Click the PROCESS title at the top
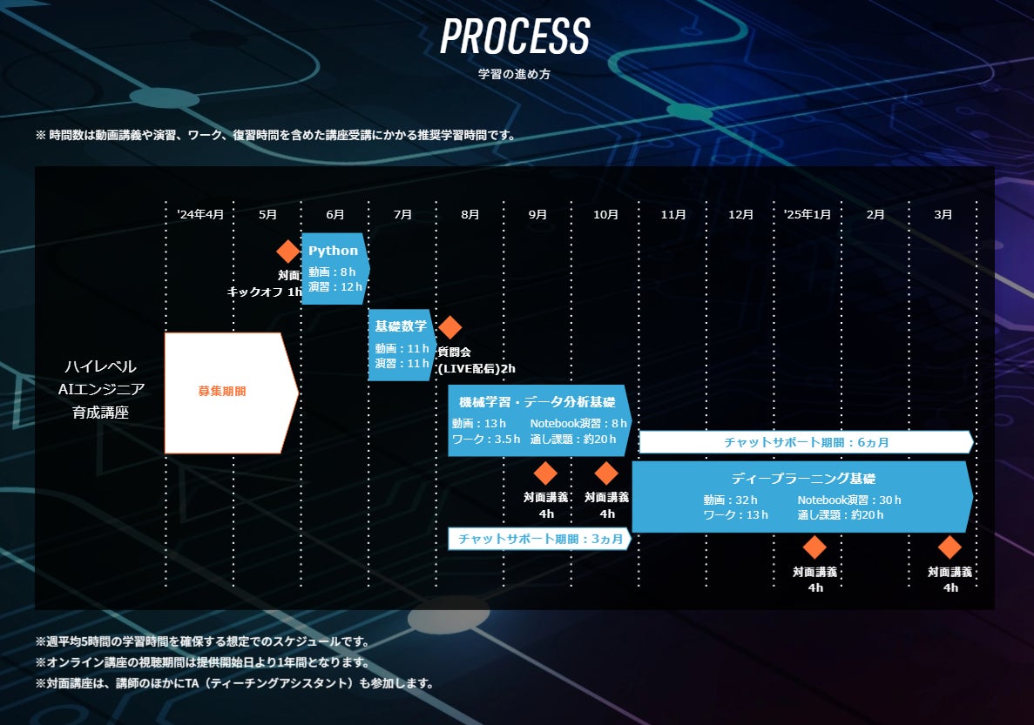coord(515,37)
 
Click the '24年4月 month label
coord(199,214)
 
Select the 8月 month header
coord(470,214)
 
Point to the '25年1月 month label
coord(807,214)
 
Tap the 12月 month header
coord(740,214)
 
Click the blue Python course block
coord(334,268)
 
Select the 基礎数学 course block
coord(401,345)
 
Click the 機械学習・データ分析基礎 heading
coord(537,402)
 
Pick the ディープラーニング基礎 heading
coord(802,479)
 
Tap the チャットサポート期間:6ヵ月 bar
coord(806,442)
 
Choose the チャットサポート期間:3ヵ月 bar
coord(539,539)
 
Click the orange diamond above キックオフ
coord(288,252)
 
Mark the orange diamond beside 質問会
coord(449,328)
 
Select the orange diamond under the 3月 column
coord(950,547)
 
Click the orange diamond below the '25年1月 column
coord(814,547)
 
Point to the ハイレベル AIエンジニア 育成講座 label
coord(100,389)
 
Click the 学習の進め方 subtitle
coord(514,75)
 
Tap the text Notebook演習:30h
coord(848,500)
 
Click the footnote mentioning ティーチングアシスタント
coord(234,683)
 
